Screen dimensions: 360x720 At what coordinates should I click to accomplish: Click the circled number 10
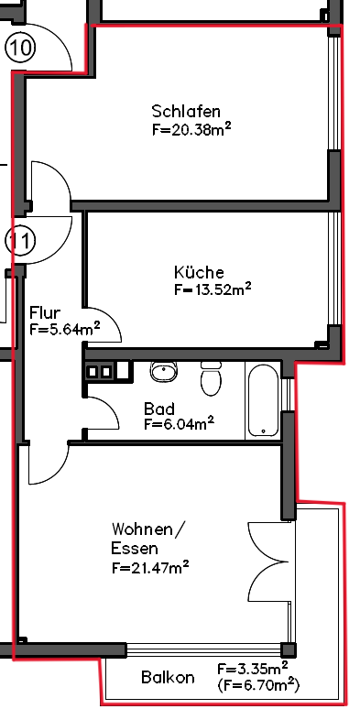[21, 48]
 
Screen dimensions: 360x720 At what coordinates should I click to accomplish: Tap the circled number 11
[21, 241]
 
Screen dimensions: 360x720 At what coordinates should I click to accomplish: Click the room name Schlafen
[186, 112]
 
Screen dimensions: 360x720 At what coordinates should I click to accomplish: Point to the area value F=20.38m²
[191, 130]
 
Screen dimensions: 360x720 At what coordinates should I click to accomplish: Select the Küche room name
[199, 272]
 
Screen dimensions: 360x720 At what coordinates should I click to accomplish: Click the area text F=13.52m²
[213, 289]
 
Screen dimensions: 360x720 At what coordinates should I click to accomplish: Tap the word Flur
[45, 312]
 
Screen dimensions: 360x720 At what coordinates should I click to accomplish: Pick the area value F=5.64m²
[65, 329]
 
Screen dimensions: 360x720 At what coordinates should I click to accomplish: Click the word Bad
[158, 409]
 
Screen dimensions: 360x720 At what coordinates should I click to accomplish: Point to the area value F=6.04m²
[179, 423]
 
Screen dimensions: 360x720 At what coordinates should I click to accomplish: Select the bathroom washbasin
[164, 372]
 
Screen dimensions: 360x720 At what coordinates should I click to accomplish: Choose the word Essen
[135, 549]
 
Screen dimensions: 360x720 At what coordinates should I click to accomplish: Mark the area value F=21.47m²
[150, 568]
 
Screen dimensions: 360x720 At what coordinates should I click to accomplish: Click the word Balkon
[168, 677]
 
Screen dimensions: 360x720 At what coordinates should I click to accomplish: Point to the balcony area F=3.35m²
[253, 668]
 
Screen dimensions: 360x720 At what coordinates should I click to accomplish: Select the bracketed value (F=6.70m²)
[258, 684]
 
